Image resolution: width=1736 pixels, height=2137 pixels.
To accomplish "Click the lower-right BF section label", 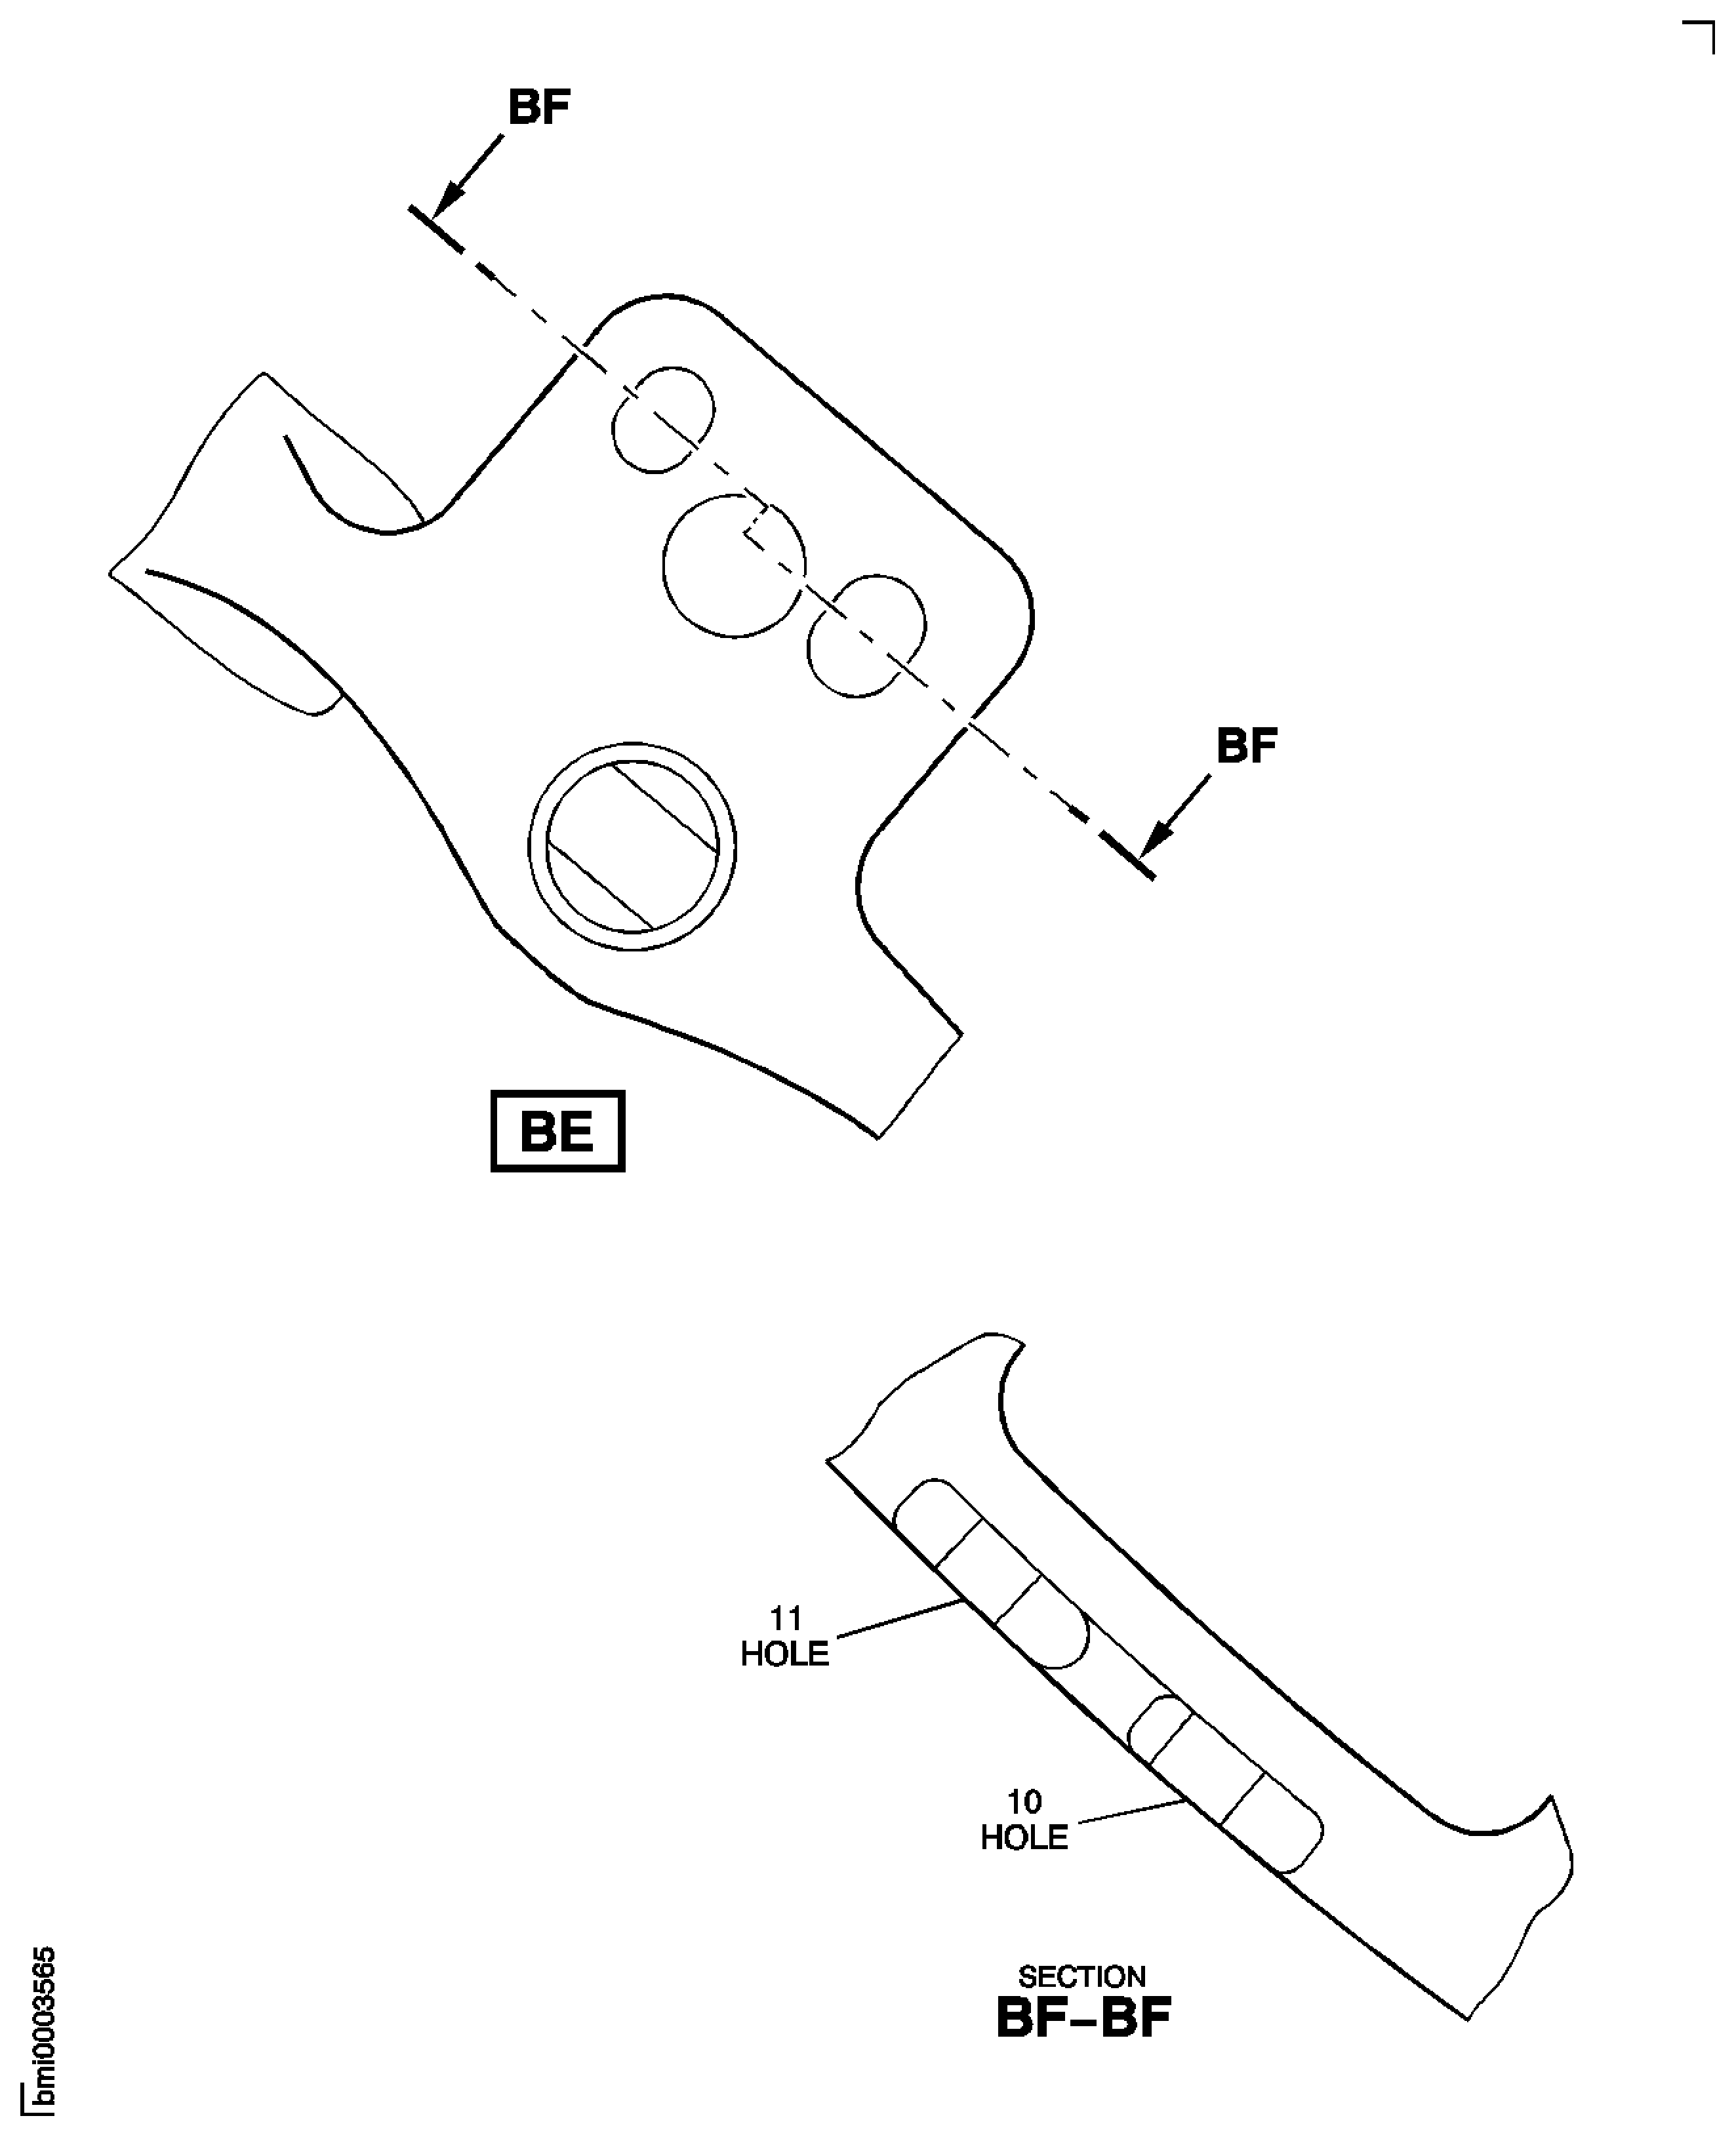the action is coord(1247,746).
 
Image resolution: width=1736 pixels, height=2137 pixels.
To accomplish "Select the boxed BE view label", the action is coord(558,1131).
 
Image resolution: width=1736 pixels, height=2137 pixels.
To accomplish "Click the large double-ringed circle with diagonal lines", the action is coord(632,847).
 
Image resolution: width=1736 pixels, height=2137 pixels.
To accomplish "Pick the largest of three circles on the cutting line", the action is coord(734,566).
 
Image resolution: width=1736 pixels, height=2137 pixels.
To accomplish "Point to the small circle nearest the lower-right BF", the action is coord(866,636).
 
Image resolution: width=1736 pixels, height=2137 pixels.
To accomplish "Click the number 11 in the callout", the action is coord(785,1618).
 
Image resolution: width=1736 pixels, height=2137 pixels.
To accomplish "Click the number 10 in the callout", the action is coord(1024,1802).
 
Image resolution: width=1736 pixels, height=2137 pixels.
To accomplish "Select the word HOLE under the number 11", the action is coord(785,1654).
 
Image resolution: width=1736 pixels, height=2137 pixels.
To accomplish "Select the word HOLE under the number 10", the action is coord(1024,1838).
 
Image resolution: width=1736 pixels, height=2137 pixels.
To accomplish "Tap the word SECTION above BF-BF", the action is coord(1082,1977).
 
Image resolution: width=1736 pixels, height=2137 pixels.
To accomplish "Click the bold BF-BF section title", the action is coord(1083,2019).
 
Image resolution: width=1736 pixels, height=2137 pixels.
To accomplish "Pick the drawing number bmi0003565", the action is coord(43,2031).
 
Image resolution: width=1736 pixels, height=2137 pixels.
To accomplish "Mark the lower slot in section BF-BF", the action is coord(1226,1784).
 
